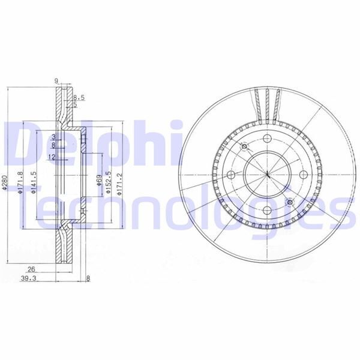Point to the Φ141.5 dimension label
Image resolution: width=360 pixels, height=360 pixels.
(34, 183)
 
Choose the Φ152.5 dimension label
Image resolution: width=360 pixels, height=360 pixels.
(107, 183)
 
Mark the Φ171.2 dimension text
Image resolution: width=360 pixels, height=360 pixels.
(121, 183)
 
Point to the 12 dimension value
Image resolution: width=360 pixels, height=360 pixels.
(52, 157)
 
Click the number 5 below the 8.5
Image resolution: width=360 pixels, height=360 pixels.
(75, 105)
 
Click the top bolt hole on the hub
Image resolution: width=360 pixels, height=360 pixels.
(266, 139)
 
